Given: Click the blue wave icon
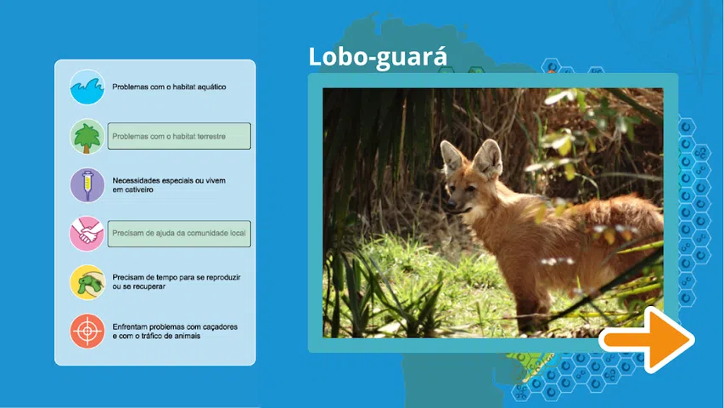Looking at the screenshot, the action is (87, 87).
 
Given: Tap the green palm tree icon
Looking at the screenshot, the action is (87, 137).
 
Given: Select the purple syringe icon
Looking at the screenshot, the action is (87, 185).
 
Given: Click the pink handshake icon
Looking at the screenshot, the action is (87, 234).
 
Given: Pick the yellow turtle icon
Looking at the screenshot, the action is (87, 282).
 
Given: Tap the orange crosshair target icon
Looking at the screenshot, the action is (87, 331).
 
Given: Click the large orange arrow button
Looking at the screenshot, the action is (648, 339).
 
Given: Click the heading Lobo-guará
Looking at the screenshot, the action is (378, 57).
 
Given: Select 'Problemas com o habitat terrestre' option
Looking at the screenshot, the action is (179, 136).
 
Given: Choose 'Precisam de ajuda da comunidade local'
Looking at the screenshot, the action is (179, 234).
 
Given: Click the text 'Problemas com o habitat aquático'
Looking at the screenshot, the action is (169, 87).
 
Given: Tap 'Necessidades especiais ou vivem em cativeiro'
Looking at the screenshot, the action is (169, 185).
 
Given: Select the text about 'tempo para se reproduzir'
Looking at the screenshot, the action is (177, 281).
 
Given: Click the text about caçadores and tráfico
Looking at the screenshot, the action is (175, 331).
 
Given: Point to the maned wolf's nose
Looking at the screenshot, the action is (450, 203).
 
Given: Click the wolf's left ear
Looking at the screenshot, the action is (451, 157).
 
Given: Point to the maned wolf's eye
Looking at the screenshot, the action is (470, 188).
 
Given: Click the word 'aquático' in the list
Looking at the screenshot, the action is (211, 87).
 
